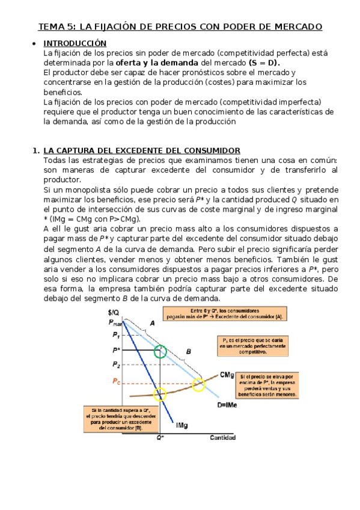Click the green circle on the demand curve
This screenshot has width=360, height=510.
(x=160, y=352)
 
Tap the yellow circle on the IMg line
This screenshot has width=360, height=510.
(x=160, y=395)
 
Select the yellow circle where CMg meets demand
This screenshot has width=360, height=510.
(x=198, y=385)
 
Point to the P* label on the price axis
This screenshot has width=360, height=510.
(x=116, y=350)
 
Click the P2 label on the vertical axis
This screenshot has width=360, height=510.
(x=116, y=364)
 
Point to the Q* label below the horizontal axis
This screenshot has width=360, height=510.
(x=160, y=437)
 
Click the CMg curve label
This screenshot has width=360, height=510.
(x=227, y=375)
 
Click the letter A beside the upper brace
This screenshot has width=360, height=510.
(x=152, y=324)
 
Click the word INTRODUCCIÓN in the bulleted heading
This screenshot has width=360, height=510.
(x=75, y=43)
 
